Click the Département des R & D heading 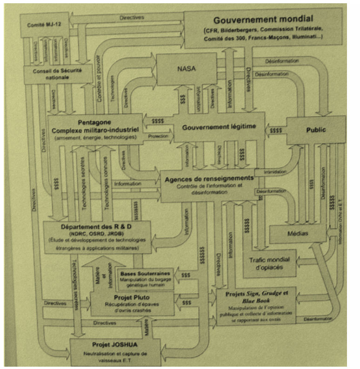coord(97,227)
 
